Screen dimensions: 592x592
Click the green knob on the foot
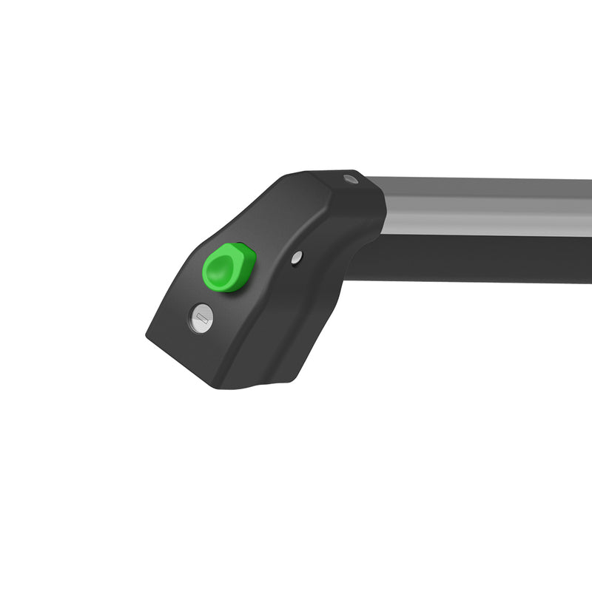coord(229,266)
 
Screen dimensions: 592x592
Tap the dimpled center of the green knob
coord(223,268)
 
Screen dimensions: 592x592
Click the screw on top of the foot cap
coord(350,179)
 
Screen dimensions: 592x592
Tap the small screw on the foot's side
coord(296,257)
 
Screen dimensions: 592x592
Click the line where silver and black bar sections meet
coord(488,237)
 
